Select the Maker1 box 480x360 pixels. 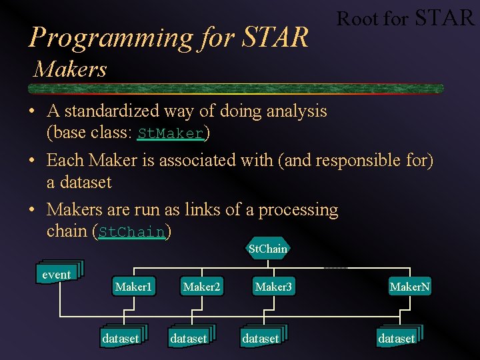click(133, 287)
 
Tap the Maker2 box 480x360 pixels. click(201, 287)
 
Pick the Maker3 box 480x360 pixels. click(273, 287)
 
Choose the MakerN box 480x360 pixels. click(410, 287)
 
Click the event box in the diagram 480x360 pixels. click(57, 275)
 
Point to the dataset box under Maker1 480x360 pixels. click(121, 339)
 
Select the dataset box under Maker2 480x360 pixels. click(189, 339)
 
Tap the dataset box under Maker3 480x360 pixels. click(261, 339)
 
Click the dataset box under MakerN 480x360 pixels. click(397, 339)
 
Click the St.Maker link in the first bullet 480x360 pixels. click(170, 134)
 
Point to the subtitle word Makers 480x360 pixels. click(71, 69)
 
